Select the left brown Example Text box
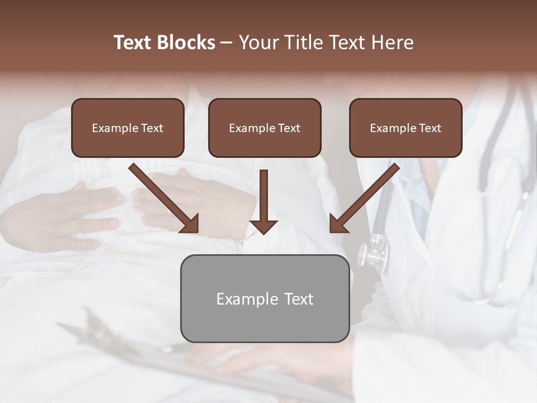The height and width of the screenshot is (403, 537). coord(128,128)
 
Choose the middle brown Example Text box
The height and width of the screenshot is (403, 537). coord(265,128)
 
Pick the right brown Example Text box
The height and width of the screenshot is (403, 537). coord(406,128)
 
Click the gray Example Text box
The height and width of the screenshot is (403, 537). coord(265,298)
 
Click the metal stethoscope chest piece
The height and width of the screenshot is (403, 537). coord(374,253)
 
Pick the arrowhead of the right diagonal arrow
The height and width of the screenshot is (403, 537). coord(338,224)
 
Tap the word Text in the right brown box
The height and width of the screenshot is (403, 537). coord(430,128)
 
